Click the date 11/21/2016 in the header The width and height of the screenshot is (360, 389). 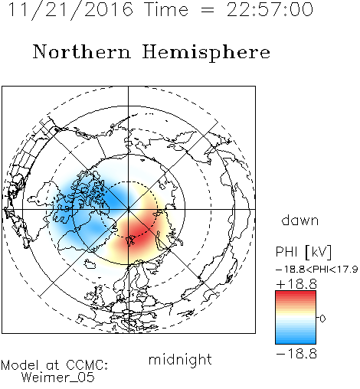70,10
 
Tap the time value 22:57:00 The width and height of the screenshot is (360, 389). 270,10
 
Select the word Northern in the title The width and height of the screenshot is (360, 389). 82,52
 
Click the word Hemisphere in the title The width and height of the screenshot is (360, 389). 206,53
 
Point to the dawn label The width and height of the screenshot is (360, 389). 300,221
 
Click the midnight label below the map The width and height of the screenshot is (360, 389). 180,360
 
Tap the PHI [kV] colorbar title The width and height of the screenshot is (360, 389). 303,252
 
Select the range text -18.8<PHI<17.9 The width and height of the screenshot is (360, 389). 316,270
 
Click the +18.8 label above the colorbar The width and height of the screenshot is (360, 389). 296,284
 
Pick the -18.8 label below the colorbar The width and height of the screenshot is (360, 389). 296,354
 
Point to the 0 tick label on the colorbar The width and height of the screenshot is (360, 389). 322,319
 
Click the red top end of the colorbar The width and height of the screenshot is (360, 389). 296,293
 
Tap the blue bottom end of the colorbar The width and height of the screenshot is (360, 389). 296,342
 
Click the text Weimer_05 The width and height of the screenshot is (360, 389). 58,378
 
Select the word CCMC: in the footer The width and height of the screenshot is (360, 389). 87,365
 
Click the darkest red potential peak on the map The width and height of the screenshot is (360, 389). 137,234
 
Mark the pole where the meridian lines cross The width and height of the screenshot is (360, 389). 129,209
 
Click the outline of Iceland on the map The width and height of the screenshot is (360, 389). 90,264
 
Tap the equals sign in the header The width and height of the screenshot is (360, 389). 208,10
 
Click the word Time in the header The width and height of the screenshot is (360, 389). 166,10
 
